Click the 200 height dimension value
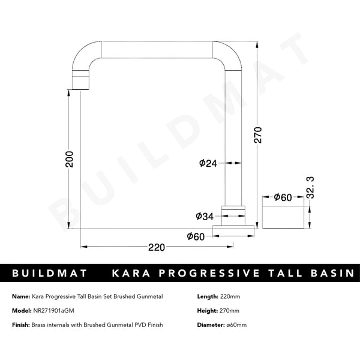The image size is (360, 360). (x=70, y=159)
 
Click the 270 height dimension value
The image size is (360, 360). (x=259, y=136)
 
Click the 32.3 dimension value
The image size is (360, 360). (x=310, y=187)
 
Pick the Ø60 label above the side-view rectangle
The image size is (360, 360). (x=283, y=197)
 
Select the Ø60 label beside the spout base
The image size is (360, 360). (x=196, y=236)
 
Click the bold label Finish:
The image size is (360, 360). (x=22, y=325)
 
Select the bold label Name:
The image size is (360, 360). (x=22, y=296)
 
